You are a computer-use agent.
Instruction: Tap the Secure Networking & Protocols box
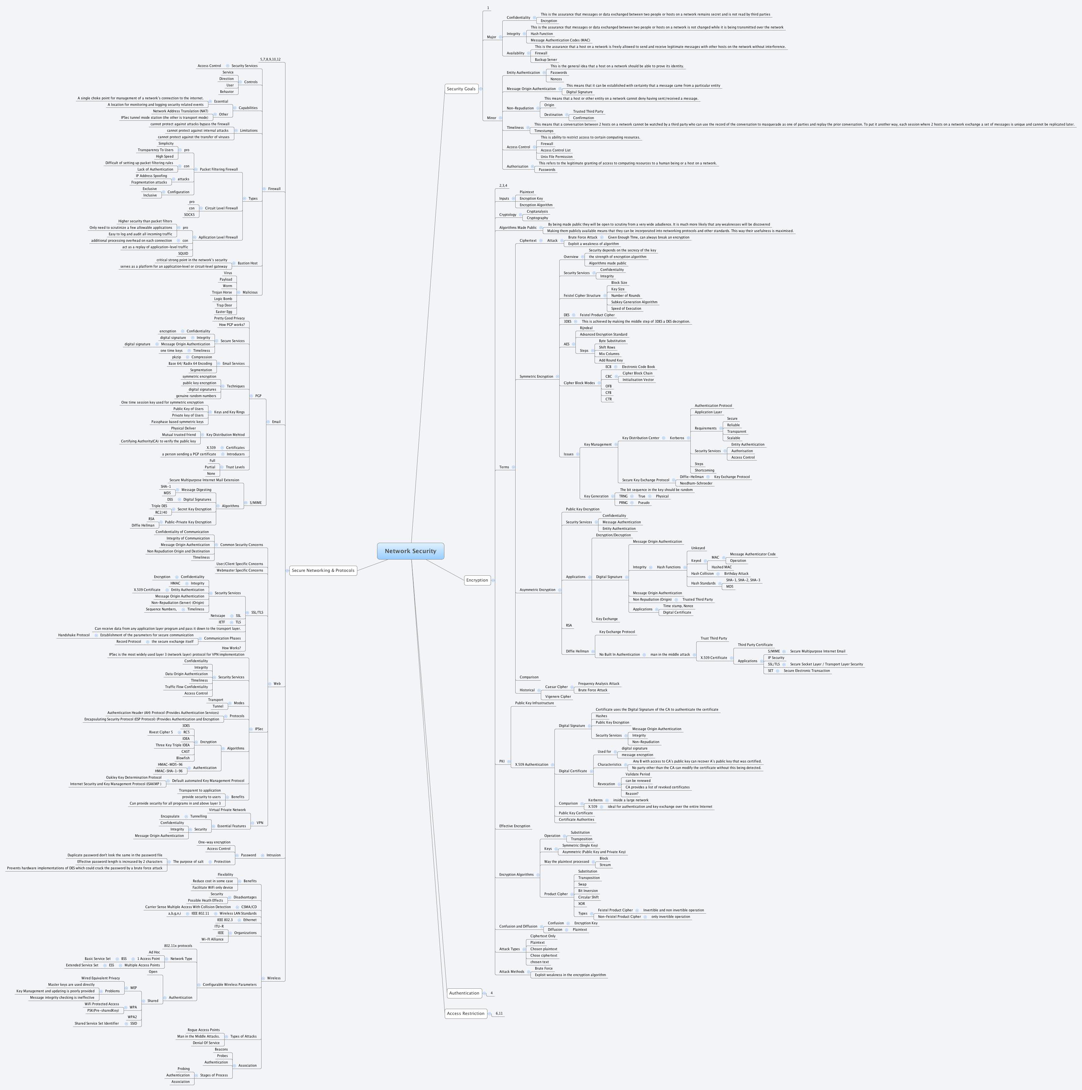323,570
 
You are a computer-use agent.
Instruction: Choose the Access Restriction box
465,1013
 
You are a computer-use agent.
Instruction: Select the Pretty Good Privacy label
229,318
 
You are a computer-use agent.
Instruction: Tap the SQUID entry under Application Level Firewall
183,254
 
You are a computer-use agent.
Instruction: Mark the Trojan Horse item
222,292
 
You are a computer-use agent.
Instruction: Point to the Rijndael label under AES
586,328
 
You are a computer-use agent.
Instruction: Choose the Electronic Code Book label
639,367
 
